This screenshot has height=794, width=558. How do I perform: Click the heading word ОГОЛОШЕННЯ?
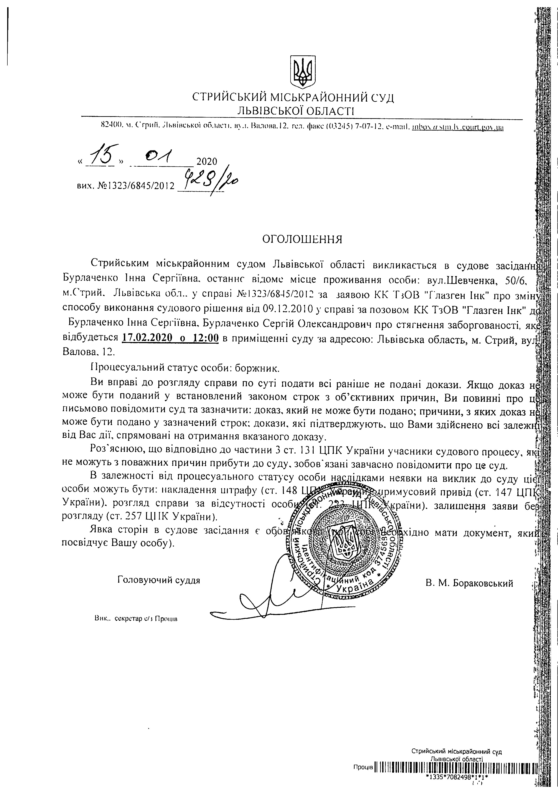302,239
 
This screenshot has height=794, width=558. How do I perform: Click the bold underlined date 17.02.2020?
147,338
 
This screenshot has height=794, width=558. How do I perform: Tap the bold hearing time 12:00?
206,338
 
